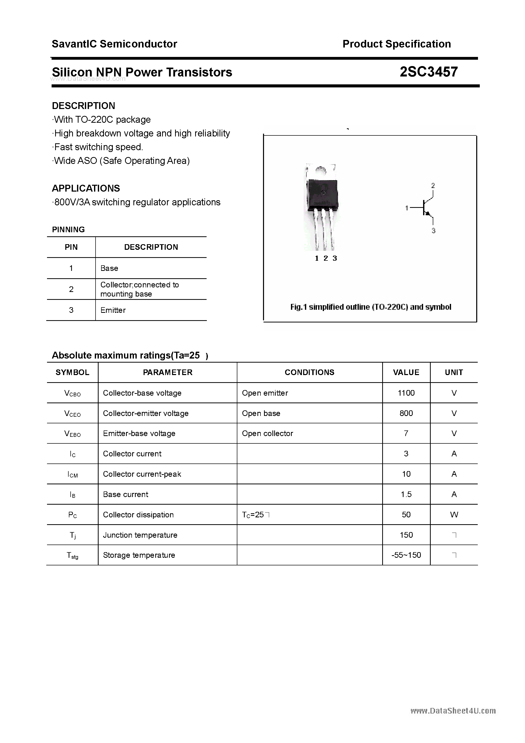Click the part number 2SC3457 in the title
point(428,72)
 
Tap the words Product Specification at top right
point(396,44)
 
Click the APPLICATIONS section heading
point(86,188)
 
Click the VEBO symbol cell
point(72,434)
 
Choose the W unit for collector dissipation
point(454,515)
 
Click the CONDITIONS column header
point(310,373)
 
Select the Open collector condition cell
point(267,434)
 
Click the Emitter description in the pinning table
point(113,310)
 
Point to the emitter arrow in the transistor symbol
point(428,214)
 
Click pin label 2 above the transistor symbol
point(433,185)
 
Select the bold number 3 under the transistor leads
point(335,258)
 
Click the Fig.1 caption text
point(370,307)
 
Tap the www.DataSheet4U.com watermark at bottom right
point(453,711)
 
